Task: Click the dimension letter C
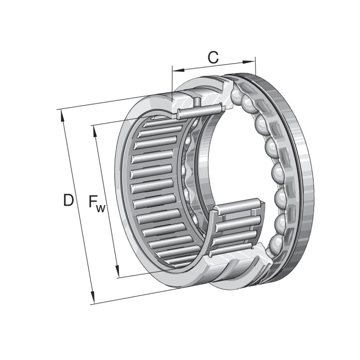click(213, 57)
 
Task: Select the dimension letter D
click(68, 200)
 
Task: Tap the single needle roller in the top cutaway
click(198, 109)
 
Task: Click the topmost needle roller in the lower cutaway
click(238, 207)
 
